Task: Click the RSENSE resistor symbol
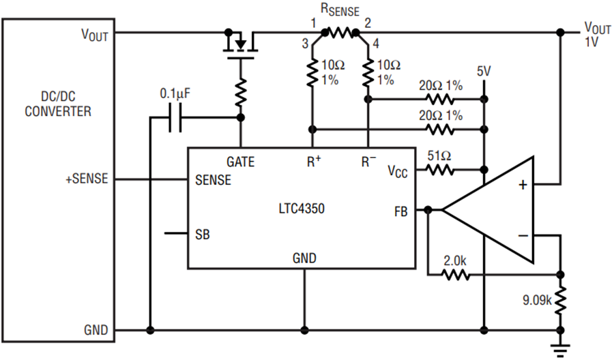[x=340, y=33]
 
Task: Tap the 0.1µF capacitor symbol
[x=175, y=117]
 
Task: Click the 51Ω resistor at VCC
[x=440, y=170]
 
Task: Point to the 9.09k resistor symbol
[x=561, y=301]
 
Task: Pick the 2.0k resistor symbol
[x=456, y=275]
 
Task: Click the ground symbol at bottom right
[x=561, y=350]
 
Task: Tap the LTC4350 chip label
[x=302, y=208]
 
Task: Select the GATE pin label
[x=240, y=162]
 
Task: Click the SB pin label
[x=203, y=235]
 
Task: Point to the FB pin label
[x=401, y=211]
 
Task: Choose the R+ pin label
[x=314, y=161]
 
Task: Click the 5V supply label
[x=484, y=71]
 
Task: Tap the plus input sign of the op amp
[x=523, y=185]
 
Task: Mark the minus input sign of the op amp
[x=523, y=235]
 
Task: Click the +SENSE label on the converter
[x=87, y=179]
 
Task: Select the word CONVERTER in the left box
[x=58, y=112]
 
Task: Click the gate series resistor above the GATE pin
[x=241, y=92]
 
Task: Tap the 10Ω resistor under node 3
[x=312, y=73]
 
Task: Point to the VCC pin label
[x=398, y=171]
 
